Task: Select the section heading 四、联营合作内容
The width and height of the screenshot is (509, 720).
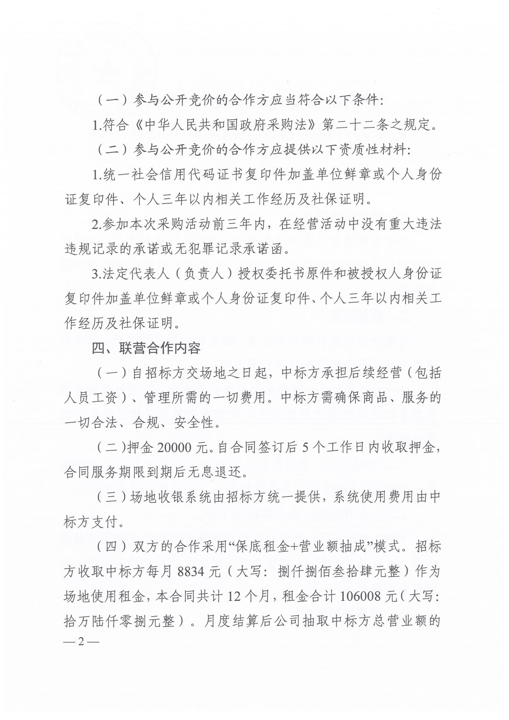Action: (146, 348)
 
